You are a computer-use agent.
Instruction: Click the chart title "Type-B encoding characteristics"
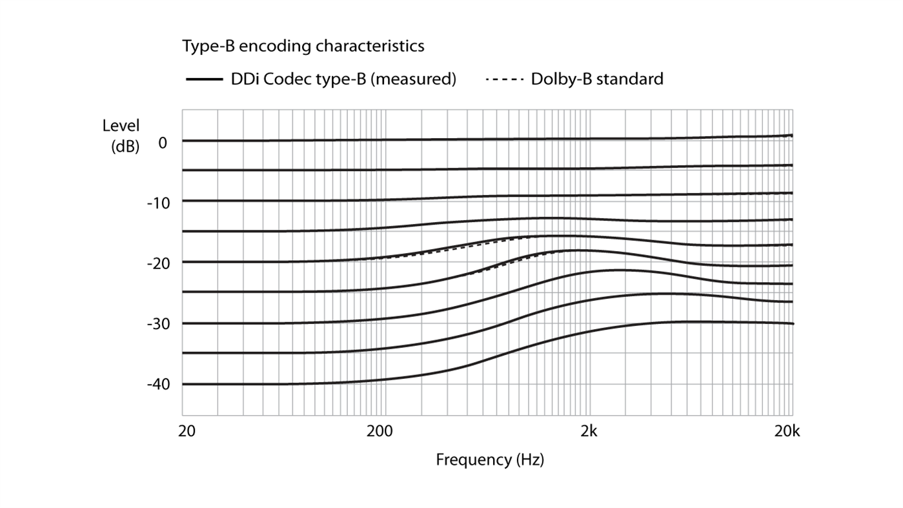[303, 46]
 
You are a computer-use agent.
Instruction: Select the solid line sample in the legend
[204, 79]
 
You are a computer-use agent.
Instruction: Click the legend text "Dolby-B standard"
[597, 79]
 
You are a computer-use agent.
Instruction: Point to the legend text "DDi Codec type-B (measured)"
[343, 79]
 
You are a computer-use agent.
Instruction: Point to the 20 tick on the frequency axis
[187, 431]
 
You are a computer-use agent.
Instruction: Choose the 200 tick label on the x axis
[380, 431]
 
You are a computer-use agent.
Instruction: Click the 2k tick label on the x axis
[589, 431]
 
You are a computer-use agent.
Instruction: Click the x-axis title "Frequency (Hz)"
[489, 460]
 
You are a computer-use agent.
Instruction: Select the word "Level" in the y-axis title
[121, 126]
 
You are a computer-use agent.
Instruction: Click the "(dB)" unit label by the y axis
[125, 146]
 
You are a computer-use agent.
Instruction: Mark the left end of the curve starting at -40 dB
[183, 384]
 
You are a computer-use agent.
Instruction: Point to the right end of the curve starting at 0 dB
[792, 136]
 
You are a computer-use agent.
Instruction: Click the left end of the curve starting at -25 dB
[183, 292]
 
